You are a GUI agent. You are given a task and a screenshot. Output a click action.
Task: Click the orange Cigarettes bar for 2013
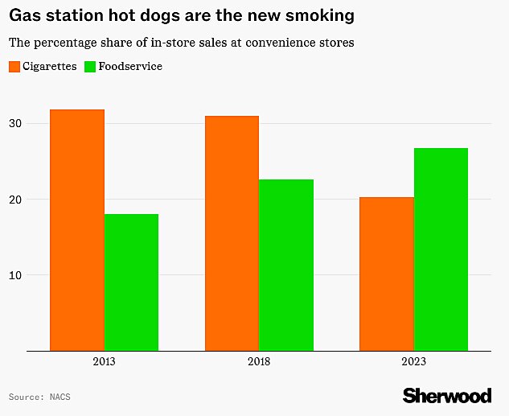[x=77, y=230]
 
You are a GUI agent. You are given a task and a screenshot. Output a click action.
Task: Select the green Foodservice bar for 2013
[x=131, y=282]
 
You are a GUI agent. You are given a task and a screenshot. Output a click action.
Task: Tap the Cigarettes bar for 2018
[x=232, y=233]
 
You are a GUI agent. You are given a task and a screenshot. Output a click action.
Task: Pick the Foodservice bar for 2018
[x=286, y=265]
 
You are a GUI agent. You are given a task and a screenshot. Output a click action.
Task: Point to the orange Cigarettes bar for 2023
[x=387, y=274]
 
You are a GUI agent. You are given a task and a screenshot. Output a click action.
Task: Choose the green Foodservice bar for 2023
[x=441, y=249]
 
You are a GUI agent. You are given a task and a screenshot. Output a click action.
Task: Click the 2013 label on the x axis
[x=104, y=362]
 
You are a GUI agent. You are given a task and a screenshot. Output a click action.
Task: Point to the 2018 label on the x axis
[x=259, y=362]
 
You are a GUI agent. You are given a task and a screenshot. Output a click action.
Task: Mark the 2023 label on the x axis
[x=413, y=362]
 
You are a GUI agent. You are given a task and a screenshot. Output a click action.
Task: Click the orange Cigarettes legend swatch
[x=14, y=67]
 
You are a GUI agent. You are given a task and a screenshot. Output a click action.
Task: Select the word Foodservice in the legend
[x=130, y=67]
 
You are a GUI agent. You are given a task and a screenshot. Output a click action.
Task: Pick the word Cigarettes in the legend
[x=49, y=67]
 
